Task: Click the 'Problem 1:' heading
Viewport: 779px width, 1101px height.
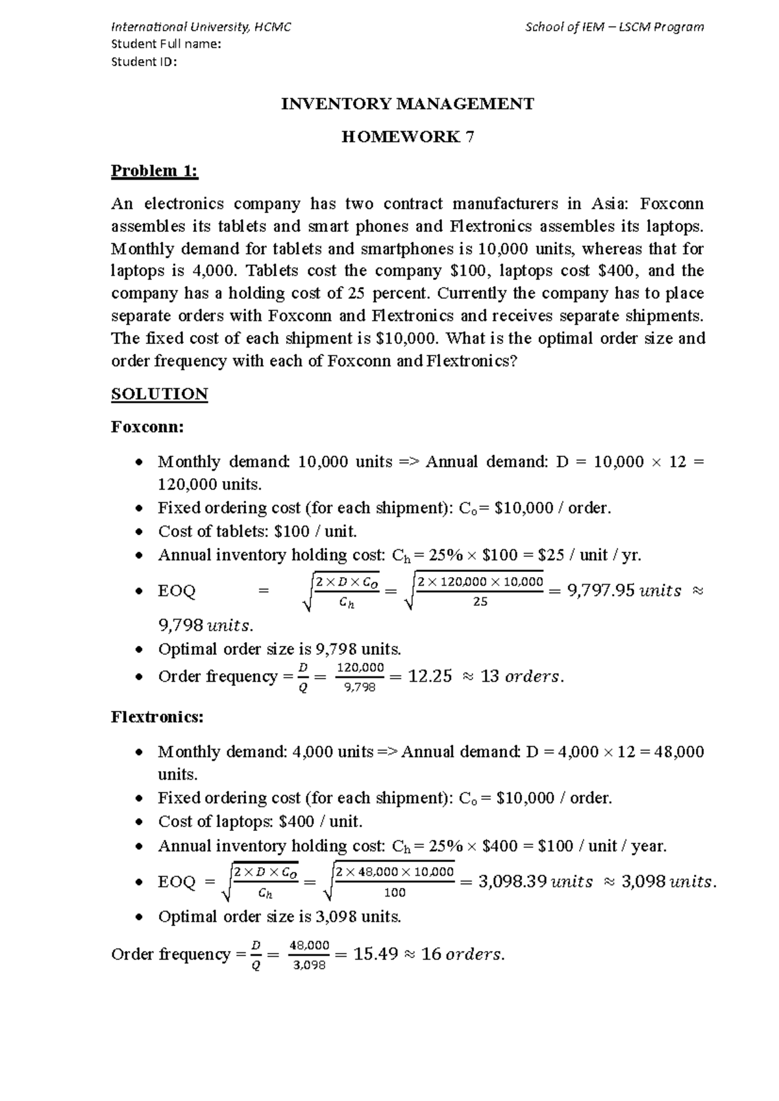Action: [x=155, y=171]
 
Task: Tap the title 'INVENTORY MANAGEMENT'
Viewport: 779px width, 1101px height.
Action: [x=407, y=104]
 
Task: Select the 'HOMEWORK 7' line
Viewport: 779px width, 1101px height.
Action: [x=408, y=137]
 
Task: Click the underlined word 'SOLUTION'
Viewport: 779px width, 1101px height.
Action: [x=160, y=394]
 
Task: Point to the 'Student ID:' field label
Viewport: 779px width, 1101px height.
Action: [x=144, y=62]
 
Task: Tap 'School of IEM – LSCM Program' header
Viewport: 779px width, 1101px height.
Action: [x=614, y=27]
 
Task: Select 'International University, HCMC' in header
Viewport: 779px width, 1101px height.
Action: [x=201, y=27]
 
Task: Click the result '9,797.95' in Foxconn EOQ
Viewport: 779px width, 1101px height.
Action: [x=599, y=591]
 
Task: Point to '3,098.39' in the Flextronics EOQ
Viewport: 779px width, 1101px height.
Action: [x=510, y=882]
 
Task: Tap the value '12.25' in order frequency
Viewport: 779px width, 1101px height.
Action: [x=430, y=676]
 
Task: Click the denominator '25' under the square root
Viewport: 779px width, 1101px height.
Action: [x=480, y=602]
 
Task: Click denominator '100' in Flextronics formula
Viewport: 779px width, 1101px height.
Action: [x=395, y=893]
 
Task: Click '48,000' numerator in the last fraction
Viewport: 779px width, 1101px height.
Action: [x=310, y=945]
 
